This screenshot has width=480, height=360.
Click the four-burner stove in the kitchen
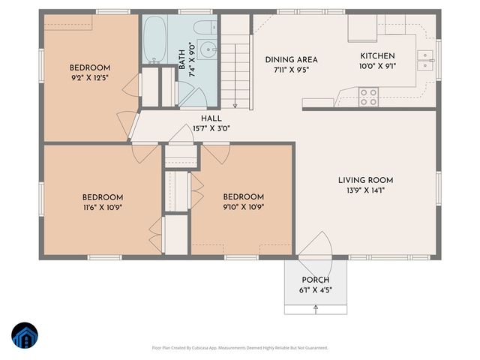pos(368,97)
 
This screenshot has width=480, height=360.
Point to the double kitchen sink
pos(425,59)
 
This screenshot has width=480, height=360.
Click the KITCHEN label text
pos(377,56)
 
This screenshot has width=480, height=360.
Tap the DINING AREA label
pos(292,59)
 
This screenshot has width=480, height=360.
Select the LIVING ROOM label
pos(365,180)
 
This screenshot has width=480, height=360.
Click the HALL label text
pos(211,118)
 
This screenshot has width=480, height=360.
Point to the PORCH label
pos(315,280)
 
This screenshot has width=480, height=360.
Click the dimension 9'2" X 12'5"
pos(91,76)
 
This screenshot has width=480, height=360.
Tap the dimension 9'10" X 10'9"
pos(244,207)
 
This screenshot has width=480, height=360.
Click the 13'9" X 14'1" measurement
pos(365,190)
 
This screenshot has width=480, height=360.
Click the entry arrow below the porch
pos(316,309)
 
